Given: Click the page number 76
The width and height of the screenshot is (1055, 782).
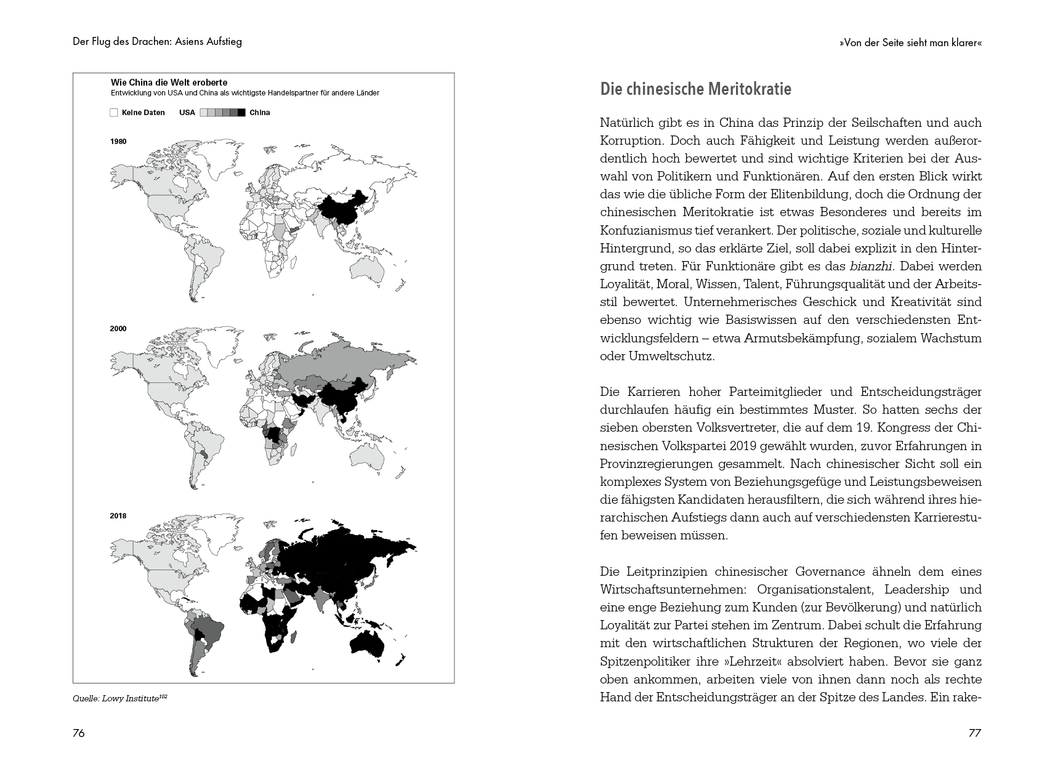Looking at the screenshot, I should click(x=78, y=733).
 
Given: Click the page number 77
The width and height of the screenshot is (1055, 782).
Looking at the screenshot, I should click(x=974, y=733).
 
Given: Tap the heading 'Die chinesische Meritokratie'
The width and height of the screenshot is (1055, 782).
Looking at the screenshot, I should click(x=695, y=89).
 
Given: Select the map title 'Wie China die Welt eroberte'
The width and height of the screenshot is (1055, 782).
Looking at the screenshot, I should click(x=169, y=83).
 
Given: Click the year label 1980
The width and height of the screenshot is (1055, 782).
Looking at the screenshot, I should click(x=118, y=142).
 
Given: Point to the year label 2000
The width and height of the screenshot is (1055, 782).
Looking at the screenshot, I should click(x=118, y=329).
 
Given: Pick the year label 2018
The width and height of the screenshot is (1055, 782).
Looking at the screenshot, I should click(x=118, y=516).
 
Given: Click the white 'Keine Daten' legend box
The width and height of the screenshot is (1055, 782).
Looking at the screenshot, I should click(x=113, y=113).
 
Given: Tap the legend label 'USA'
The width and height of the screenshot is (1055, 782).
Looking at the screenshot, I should click(x=187, y=113).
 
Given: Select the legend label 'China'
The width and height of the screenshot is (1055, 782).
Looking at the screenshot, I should click(x=260, y=113).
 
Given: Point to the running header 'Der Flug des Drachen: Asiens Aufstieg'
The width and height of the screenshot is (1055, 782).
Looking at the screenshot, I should click(x=157, y=42).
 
